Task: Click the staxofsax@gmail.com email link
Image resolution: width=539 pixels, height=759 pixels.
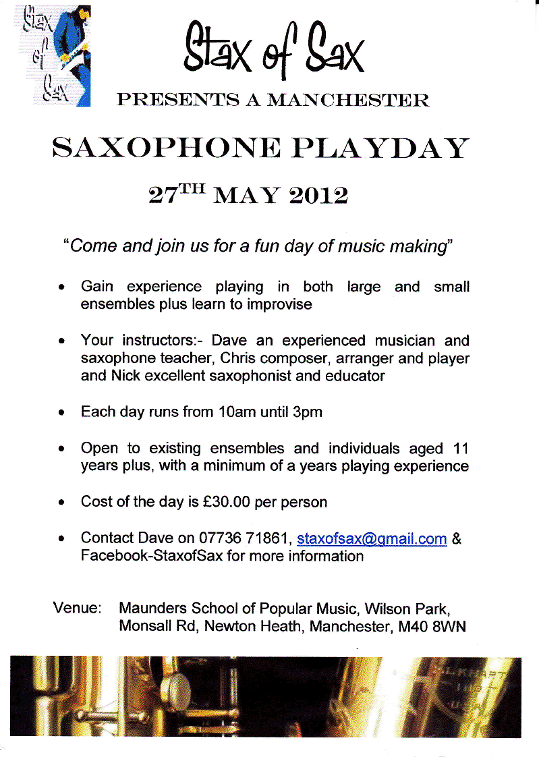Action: [x=372, y=539]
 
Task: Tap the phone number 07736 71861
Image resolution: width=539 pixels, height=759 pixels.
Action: [x=245, y=539]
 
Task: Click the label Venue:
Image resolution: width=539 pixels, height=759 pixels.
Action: [x=77, y=608]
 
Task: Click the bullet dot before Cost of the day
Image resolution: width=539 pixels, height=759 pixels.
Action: [x=62, y=503]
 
